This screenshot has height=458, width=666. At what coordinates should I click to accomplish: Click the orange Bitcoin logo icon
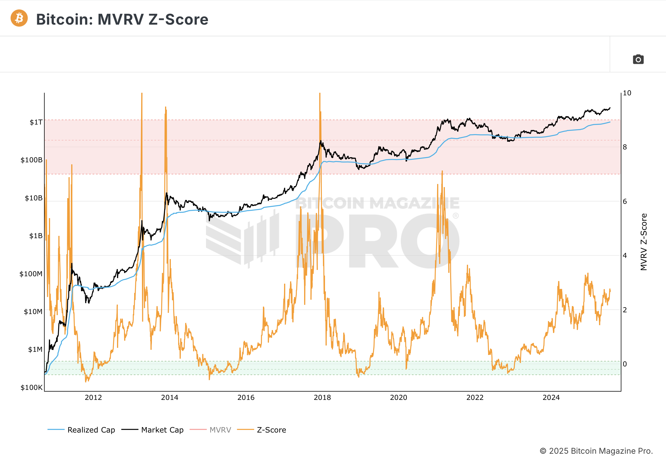[x=19, y=18]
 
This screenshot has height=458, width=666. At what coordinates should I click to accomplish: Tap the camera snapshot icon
[x=638, y=60]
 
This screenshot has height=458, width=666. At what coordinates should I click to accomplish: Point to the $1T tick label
[x=36, y=122]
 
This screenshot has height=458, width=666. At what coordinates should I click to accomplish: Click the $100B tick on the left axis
[x=31, y=160]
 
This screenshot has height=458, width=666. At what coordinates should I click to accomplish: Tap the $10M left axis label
[x=33, y=311]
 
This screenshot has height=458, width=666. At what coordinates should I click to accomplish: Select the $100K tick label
[x=31, y=387]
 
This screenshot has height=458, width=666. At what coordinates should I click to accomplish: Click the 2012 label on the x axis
[x=93, y=397]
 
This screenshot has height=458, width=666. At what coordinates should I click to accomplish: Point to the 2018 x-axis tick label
[x=322, y=397]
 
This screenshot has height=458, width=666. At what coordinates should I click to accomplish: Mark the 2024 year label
[x=551, y=397]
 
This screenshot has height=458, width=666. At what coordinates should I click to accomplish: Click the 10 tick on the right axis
[x=627, y=93]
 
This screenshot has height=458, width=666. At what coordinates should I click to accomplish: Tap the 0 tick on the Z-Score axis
[x=625, y=364]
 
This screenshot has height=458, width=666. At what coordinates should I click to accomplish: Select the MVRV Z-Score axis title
[x=644, y=242]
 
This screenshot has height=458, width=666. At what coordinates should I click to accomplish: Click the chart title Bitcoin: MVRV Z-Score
[x=122, y=19]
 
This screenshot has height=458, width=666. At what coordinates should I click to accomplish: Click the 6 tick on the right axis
[x=625, y=202]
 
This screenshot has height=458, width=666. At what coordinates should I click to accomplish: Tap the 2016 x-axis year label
[x=246, y=397]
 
